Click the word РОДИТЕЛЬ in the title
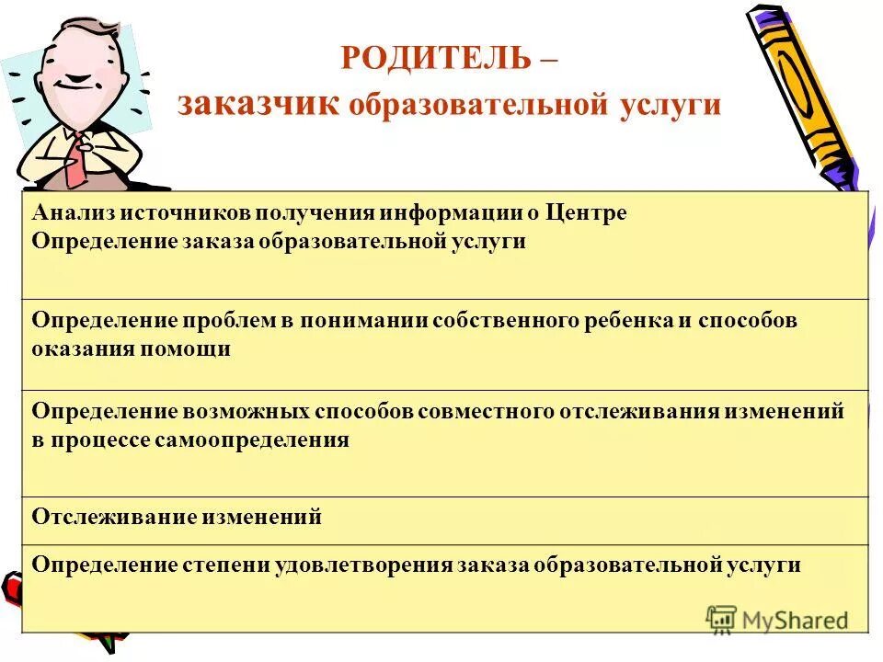tap(435, 58)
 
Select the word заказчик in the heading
tap(259, 104)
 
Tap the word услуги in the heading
tap(673, 105)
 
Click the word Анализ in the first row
tap(73, 214)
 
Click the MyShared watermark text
tap(795, 620)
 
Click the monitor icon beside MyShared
tap(722, 619)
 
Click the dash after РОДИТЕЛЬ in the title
tap(548, 58)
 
